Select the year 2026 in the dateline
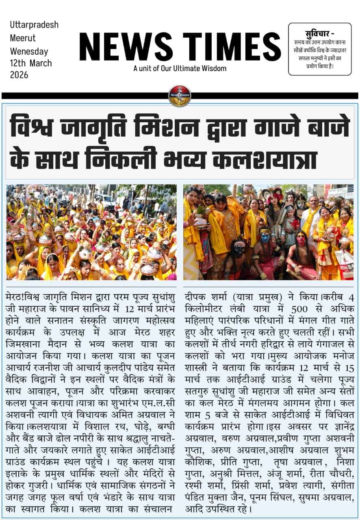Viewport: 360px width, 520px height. [x=19, y=75]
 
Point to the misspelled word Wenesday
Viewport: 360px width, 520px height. [x=29, y=52]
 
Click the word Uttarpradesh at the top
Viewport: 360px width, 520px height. [x=34, y=25]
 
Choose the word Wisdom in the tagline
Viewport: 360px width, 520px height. [x=214, y=68]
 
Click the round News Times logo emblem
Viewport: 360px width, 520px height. [x=180, y=96]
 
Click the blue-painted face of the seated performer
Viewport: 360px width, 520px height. [x=265, y=236]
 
